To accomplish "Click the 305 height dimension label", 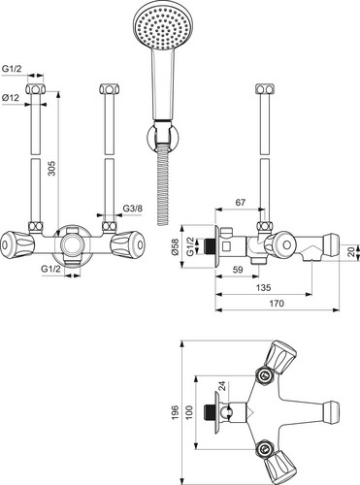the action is (51, 168).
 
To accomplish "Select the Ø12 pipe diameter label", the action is (11, 97).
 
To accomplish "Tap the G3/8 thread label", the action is (132, 209).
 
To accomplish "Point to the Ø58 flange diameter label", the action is (175, 246).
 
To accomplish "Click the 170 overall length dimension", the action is (277, 304).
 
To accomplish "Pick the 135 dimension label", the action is (263, 287).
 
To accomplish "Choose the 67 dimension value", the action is (240, 203).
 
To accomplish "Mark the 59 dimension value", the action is (238, 270).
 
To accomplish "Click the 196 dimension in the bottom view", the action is (175, 412).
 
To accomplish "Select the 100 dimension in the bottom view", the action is (189, 412).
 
